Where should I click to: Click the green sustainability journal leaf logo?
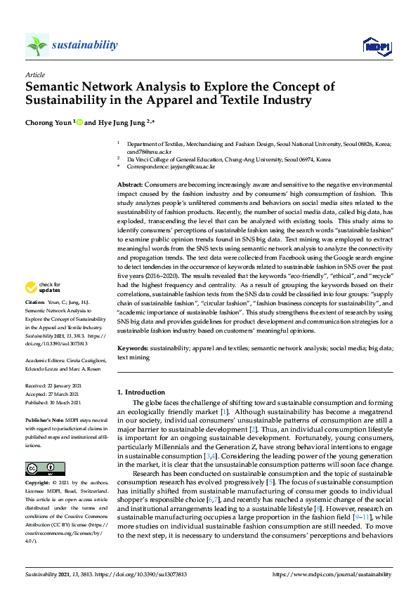(x=37, y=46)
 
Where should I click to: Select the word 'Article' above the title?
(x=35, y=74)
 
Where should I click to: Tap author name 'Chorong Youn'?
(x=48, y=121)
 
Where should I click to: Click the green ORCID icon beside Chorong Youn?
(x=79, y=121)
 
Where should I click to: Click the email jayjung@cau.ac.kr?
(x=191, y=167)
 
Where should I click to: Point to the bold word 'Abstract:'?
(x=131, y=183)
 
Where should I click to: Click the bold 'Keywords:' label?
(x=133, y=348)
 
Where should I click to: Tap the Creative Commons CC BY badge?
(x=44, y=450)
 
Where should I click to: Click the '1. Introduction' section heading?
(x=141, y=392)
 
